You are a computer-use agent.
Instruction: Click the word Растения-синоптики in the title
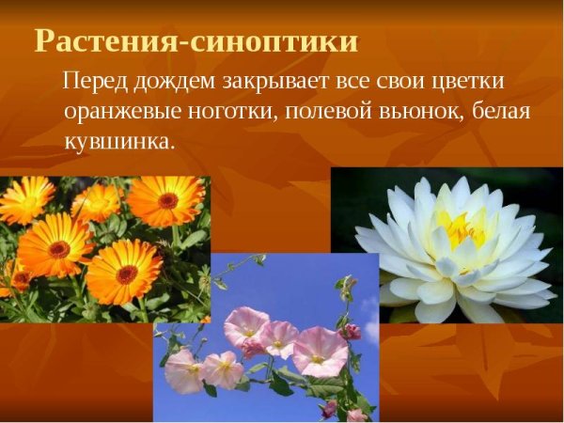pyautogui.click(x=196, y=41)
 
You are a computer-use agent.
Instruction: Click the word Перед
pyautogui.click(x=92, y=83)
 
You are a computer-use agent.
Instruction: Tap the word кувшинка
pyautogui.click(x=119, y=142)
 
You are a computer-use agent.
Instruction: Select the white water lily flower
pyautogui.click(x=452, y=249)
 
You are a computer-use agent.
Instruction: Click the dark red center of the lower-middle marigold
pyautogui.click(x=125, y=273)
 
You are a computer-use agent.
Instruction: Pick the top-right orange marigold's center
pyautogui.click(x=167, y=199)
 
